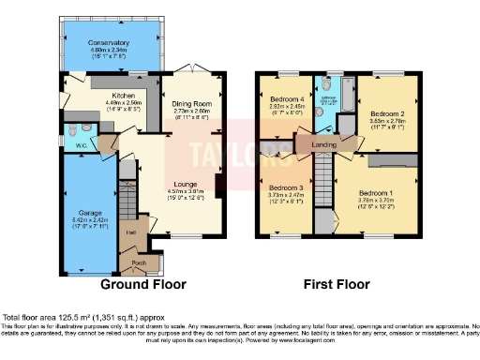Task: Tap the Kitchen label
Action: click(126, 96)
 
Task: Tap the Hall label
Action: click(132, 232)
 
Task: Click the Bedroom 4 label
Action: click(286, 99)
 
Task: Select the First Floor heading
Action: click(337, 284)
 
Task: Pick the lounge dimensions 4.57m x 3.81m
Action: click(186, 194)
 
